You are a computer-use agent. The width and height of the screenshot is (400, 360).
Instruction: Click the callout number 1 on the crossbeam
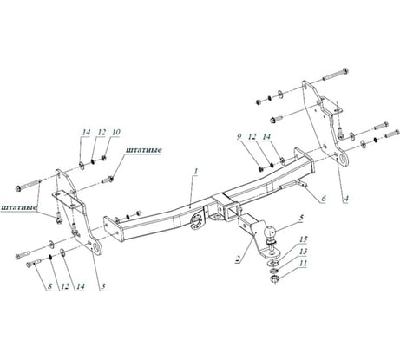tap(198, 172)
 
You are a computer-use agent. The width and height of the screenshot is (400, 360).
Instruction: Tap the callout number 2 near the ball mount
tap(237, 258)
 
